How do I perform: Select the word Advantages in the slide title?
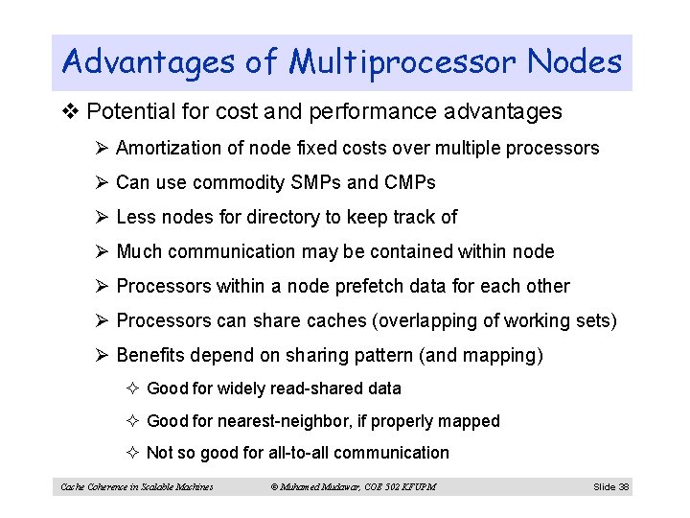[x=148, y=63]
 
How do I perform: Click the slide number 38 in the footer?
[x=623, y=487]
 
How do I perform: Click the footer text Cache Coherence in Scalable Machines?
[x=137, y=487]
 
